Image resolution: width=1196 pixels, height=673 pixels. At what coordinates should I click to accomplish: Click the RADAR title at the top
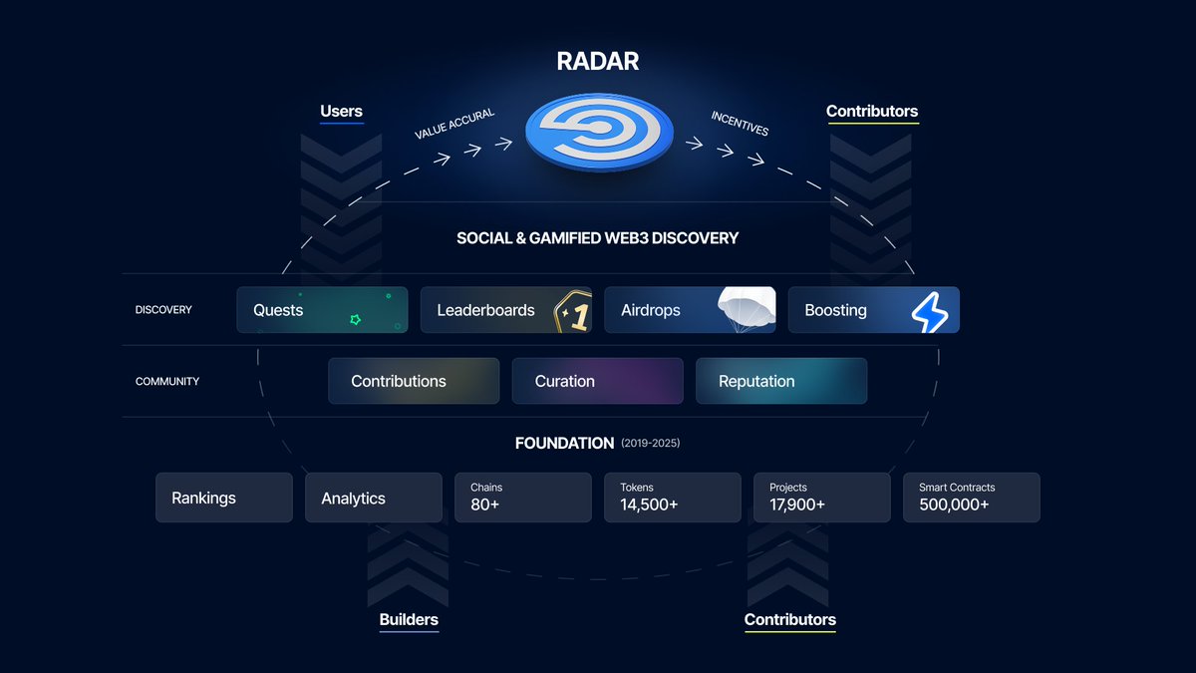point(598,62)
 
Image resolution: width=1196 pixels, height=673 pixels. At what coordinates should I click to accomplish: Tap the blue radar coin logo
point(600,134)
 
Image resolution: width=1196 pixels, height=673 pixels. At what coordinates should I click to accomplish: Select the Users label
point(341,111)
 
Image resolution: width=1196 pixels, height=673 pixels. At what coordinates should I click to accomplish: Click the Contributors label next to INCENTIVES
point(872,111)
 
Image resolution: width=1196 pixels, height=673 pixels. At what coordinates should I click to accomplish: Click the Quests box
point(322,310)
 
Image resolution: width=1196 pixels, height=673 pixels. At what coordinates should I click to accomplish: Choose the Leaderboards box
point(505,310)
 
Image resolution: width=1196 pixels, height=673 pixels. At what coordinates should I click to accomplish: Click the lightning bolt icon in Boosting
point(930,311)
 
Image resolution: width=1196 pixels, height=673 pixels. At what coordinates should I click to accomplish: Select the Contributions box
point(414,381)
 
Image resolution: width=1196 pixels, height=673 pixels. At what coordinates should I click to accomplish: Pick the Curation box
point(597,381)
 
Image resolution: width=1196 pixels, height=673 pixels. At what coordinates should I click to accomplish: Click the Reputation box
point(780,381)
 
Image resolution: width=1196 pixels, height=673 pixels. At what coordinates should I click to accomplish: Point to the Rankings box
point(224,498)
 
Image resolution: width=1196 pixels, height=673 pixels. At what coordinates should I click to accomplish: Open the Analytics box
point(373,498)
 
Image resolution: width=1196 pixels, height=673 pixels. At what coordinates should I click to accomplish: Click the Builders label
point(409,619)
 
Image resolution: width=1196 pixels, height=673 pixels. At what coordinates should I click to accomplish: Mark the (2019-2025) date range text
point(650,443)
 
